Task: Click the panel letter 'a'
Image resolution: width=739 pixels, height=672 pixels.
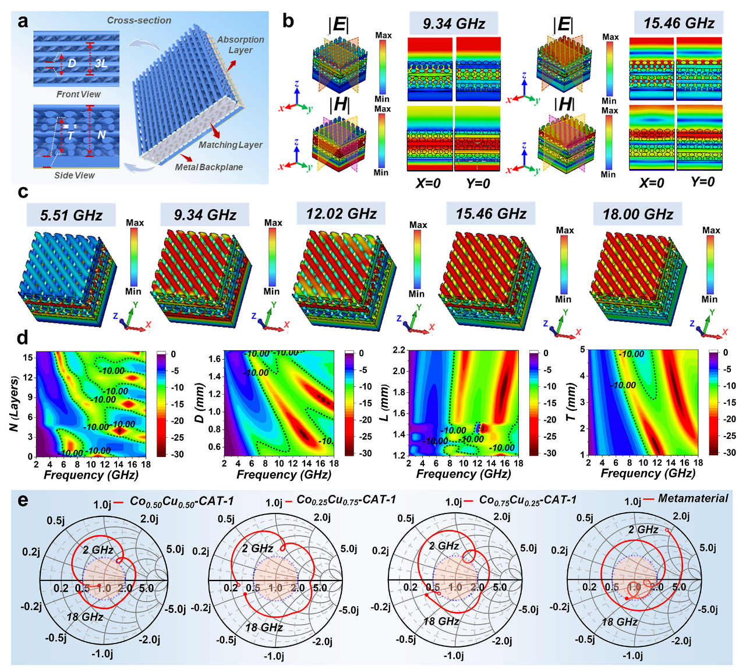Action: [23, 22]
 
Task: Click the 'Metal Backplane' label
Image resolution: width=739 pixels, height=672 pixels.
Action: [209, 167]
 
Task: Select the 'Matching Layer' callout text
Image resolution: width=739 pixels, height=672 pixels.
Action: [231, 145]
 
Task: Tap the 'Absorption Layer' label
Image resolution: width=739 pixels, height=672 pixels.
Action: [241, 45]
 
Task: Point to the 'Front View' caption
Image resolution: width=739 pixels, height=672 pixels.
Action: [78, 94]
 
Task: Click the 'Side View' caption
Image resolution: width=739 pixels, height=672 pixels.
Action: [75, 175]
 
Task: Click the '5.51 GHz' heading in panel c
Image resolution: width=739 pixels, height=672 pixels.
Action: [71, 216]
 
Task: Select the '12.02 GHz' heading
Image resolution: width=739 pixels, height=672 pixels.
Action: [341, 214]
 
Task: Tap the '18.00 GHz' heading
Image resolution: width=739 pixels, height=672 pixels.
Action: [638, 214]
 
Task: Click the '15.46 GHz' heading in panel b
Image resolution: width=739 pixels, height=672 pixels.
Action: [678, 23]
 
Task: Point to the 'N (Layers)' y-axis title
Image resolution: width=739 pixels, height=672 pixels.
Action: [13, 404]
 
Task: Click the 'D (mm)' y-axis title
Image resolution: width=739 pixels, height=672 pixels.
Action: [200, 403]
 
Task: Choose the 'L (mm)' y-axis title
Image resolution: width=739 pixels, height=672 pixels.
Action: [384, 403]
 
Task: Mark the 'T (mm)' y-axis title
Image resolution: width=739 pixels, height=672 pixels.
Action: [571, 402]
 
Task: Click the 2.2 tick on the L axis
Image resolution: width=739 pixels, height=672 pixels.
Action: [399, 350]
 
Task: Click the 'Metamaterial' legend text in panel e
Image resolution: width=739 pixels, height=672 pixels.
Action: [693, 499]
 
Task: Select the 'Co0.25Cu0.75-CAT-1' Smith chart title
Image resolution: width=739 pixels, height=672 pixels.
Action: [346, 500]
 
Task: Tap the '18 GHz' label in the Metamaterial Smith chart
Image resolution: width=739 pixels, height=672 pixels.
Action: [619, 622]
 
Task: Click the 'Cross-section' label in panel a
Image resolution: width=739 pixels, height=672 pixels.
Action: [139, 20]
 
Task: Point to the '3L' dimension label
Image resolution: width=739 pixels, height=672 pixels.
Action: [101, 63]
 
